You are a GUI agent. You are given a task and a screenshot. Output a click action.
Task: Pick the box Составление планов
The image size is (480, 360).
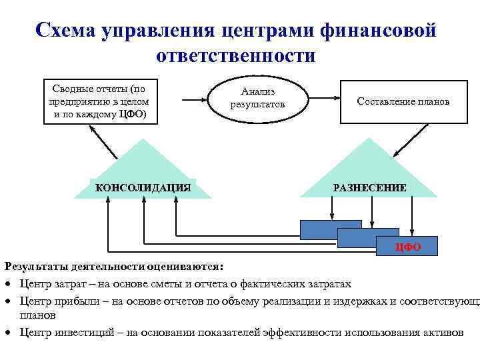coord(403,102)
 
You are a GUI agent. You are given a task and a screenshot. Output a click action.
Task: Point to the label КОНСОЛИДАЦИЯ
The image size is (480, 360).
coord(143,188)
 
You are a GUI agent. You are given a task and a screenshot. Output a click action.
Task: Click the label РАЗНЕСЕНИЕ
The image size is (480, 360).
coord(369,188)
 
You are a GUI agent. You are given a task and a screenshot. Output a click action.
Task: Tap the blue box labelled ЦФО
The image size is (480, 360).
coord(407,247)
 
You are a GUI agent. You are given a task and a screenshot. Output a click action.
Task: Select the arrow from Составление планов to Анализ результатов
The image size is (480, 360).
coord(321,101)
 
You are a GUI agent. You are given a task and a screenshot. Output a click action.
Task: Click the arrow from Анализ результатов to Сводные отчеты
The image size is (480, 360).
coord(197,101)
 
